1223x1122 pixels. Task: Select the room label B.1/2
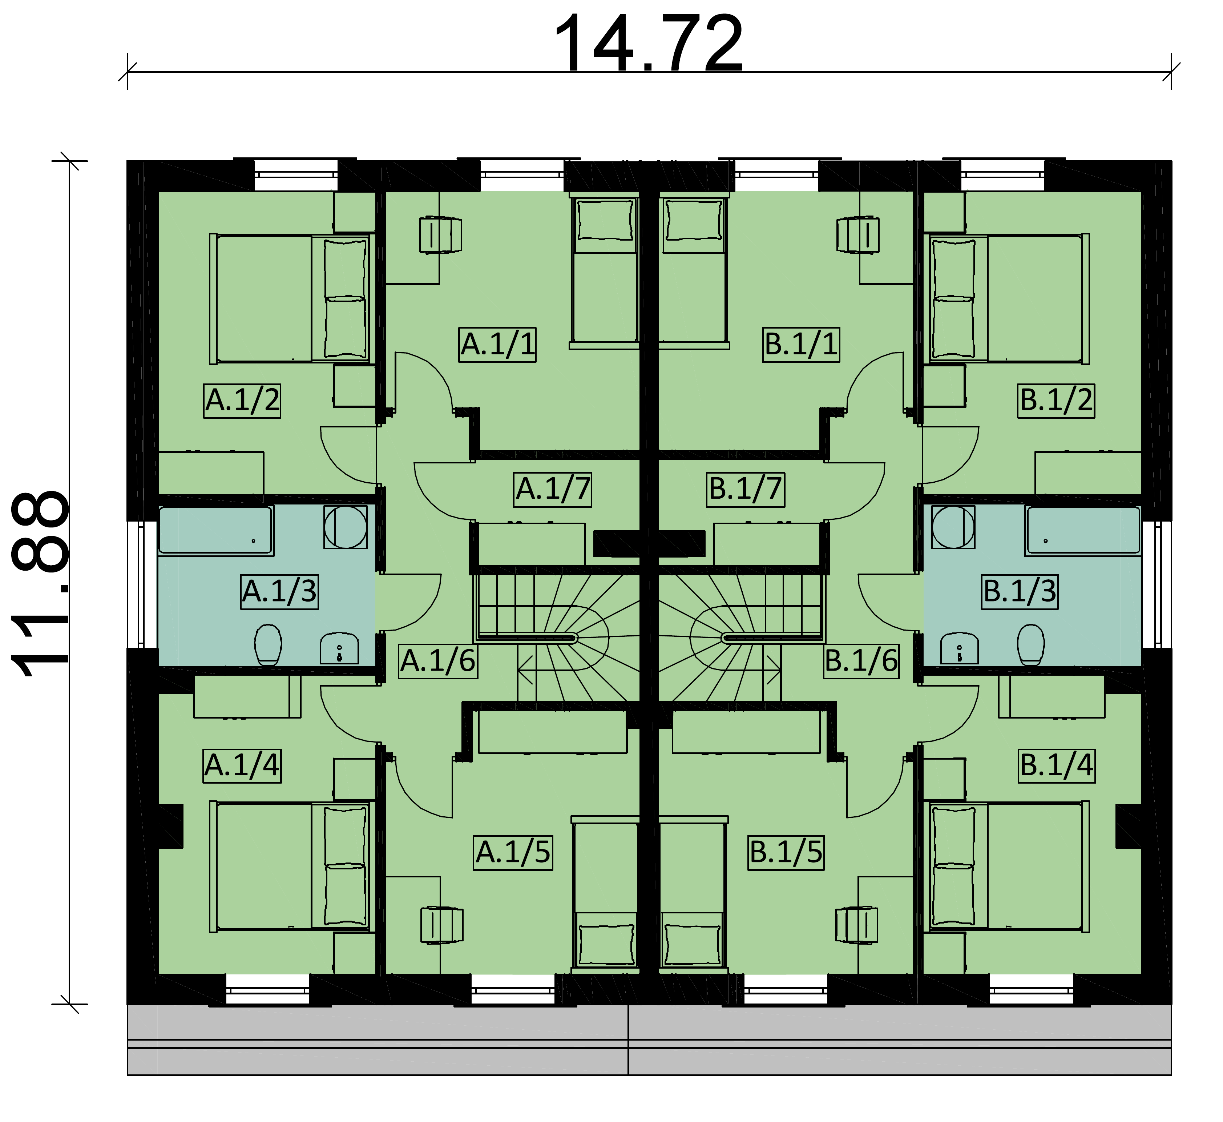[x=1056, y=401]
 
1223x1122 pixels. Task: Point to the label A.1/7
[x=553, y=489]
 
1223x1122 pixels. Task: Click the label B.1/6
[x=861, y=661]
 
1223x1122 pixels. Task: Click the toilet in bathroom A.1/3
[x=268, y=645]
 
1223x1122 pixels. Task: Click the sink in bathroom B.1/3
[x=959, y=649]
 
